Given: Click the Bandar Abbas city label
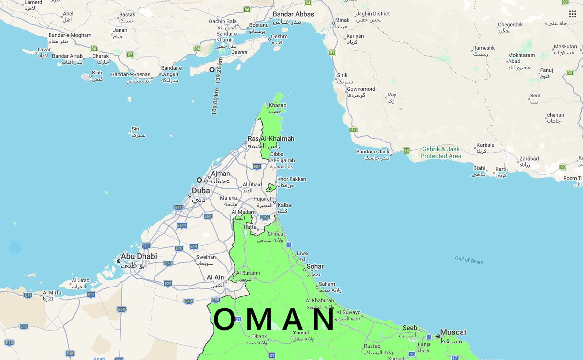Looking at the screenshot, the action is [293, 14].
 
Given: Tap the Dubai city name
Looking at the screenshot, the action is [202, 191].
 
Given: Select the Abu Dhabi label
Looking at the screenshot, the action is [139, 256].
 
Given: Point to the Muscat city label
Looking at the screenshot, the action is [453, 332].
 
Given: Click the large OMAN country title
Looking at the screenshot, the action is [274, 320].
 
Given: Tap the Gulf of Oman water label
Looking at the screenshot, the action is [469, 260].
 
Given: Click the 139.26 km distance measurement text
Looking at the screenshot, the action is [219, 70].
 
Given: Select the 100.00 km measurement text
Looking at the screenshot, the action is [215, 101].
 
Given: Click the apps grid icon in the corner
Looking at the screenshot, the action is [572, 14].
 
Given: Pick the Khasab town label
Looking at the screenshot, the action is [278, 105].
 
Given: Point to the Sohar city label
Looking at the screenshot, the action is [315, 266].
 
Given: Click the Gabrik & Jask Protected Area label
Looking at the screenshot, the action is [441, 152].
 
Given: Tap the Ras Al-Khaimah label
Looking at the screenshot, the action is [271, 139].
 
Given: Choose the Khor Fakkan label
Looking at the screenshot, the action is [291, 179].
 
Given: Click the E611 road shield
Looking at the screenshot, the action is [182, 225].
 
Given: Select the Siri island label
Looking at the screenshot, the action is [135, 129].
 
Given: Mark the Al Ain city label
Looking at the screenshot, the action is [215, 277].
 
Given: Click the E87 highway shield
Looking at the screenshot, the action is [257, 167].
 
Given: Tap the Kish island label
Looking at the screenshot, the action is [97, 73].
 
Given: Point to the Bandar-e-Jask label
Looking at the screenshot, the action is [372, 152].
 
